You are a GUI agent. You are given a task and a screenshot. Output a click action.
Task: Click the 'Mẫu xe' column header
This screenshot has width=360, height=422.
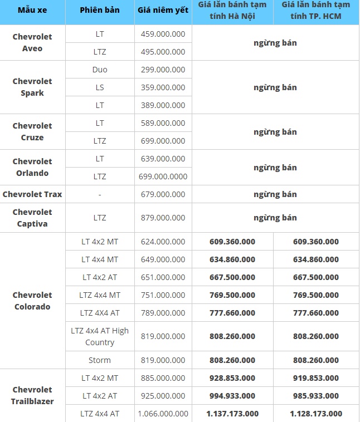click(32, 11)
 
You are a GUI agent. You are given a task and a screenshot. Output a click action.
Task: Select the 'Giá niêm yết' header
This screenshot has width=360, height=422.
click(163, 11)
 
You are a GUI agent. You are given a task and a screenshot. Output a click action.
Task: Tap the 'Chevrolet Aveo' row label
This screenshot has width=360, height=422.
click(32, 42)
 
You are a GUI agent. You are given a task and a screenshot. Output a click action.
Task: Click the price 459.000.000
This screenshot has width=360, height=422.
click(163, 34)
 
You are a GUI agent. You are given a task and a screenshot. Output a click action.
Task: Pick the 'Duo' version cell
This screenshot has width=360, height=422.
click(100, 70)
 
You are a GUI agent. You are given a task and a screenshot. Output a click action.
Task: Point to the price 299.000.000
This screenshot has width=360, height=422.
click(163, 70)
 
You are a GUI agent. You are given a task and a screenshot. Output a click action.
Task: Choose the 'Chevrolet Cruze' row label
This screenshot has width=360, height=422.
click(32, 131)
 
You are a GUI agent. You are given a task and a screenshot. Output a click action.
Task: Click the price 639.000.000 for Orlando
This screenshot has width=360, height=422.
click(163, 159)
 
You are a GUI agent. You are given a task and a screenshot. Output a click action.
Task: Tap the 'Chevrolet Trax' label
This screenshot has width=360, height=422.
click(32, 194)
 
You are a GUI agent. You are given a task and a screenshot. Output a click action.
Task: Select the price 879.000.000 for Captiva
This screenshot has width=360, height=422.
click(163, 218)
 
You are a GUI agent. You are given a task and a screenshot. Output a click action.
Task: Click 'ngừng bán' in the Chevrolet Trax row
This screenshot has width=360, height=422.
click(275, 194)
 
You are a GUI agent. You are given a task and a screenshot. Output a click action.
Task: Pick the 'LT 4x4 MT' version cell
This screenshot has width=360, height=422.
click(100, 259)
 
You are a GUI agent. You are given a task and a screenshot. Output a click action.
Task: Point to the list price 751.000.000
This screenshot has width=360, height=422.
click(163, 295)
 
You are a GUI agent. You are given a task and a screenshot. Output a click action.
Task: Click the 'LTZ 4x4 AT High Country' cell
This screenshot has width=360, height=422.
click(100, 336)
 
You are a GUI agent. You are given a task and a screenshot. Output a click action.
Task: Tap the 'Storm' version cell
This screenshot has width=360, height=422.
click(100, 360)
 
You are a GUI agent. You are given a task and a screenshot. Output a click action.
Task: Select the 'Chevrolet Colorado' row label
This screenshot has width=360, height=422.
click(32, 301)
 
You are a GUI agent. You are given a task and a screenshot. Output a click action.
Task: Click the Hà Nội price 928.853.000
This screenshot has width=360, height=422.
click(232, 378)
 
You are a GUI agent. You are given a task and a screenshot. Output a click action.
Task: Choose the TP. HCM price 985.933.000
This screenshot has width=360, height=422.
click(316, 396)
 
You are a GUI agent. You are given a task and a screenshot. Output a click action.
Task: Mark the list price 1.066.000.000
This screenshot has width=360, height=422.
click(163, 414)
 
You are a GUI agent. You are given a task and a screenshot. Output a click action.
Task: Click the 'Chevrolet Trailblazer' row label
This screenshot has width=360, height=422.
click(32, 395)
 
